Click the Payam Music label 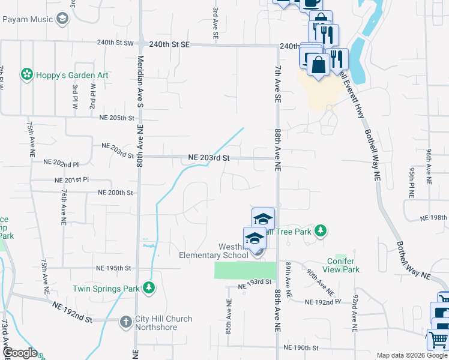[x=28, y=19]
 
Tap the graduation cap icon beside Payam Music [x=62, y=19]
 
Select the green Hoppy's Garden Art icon [x=26, y=74]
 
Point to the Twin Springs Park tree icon [x=149, y=289]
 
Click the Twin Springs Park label [x=107, y=289]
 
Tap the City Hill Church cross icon [x=126, y=322]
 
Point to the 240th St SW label [x=116, y=43]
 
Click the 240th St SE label [x=169, y=44]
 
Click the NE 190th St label [x=303, y=347]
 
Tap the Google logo [x=20, y=353]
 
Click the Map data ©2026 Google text [x=412, y=355]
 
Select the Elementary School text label [x=214, y=255]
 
